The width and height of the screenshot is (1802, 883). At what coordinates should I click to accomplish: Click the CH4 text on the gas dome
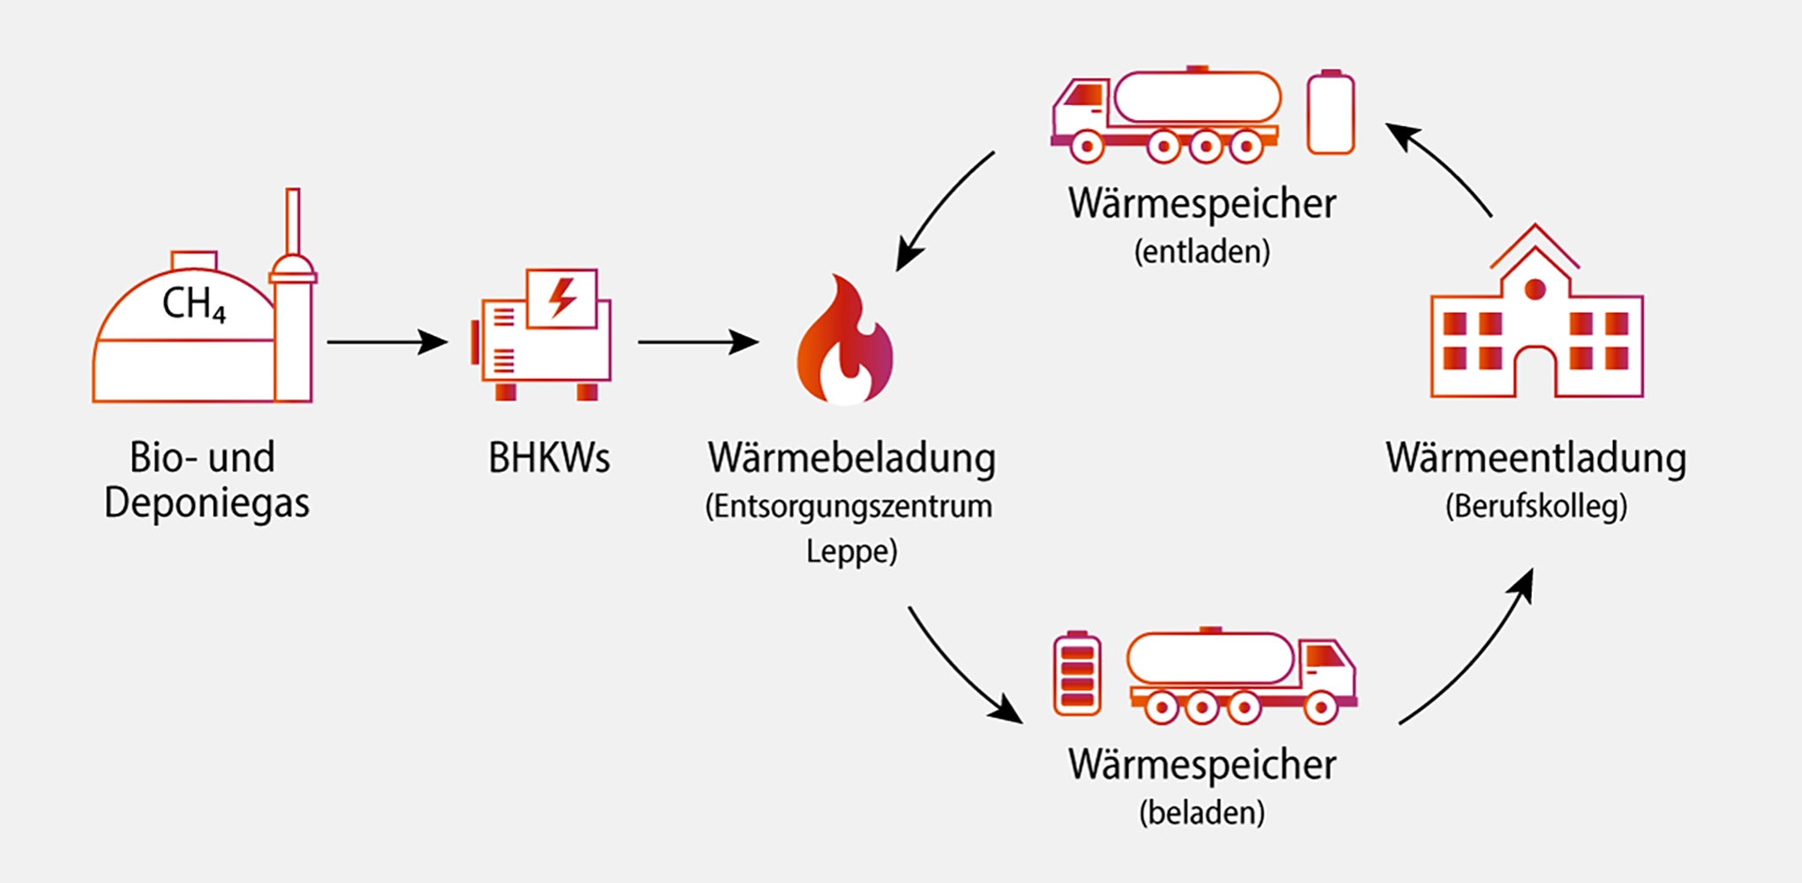tap(194, 305)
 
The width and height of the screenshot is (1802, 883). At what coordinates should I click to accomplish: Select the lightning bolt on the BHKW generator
tap(562, 298)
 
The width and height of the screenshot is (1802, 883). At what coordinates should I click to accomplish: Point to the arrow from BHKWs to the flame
tap(697, 342)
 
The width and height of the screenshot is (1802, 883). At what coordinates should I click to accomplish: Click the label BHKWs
tap(549, 458)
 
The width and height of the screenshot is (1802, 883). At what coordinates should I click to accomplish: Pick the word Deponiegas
tap(207, 503)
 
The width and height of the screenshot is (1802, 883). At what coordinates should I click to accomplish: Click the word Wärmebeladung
tap(851, 458)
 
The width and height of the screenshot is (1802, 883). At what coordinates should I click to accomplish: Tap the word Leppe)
tap(851, 552)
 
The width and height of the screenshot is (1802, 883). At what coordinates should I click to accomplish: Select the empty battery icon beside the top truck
tap(1331, 113)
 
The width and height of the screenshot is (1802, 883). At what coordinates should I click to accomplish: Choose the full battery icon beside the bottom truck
tap(1077, 674)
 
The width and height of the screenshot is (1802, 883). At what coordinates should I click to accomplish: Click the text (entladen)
tap(1202, 253)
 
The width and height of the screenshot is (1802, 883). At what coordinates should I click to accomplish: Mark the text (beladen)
tap(1202, 812)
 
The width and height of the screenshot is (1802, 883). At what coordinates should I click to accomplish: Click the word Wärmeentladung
tap(1535, 458)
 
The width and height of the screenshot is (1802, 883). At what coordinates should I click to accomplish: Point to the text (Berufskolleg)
tap(1535, 507)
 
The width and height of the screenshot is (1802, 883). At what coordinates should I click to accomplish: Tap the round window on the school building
tap(1535, 289)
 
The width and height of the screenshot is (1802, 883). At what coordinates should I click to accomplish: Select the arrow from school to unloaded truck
tap(1439, 168)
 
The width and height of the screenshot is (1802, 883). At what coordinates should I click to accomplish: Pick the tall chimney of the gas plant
tap(293, 221)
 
